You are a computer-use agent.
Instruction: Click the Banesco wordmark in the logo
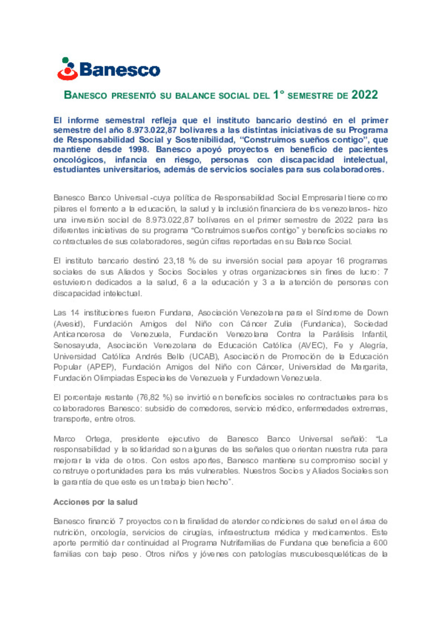(120, 70)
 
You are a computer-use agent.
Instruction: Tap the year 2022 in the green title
(365, 95)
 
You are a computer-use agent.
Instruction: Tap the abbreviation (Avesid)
(69, 324)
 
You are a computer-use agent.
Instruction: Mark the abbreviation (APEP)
(102, 367)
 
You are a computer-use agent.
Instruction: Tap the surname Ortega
(97, 439)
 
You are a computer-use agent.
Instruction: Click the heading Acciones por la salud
(95, 502)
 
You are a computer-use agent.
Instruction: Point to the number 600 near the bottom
(380, 543)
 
